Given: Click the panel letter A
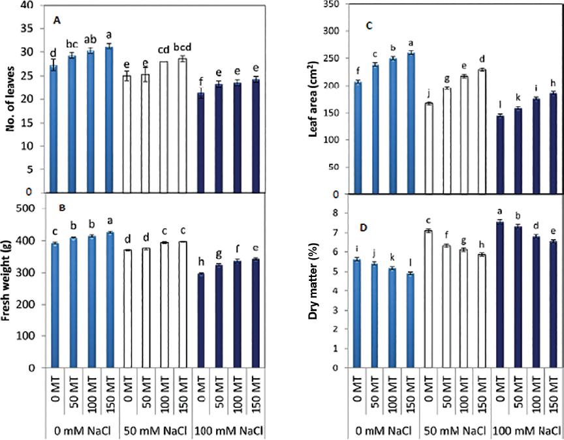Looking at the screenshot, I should click(x=57, y=22).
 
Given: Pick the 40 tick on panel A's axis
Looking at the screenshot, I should click(x=27, y=5).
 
